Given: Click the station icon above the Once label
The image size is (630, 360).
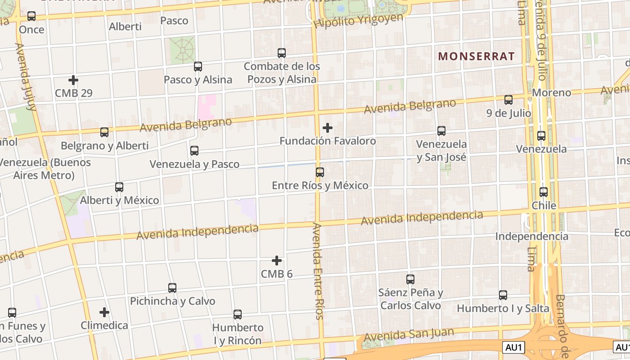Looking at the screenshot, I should pyautogui.click(x=31, y=16).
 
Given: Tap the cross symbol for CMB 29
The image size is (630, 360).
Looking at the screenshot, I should pyautogui.click(x=73, y=81).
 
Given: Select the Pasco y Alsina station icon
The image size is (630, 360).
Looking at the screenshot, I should pyautogui.click(x=198, y=67).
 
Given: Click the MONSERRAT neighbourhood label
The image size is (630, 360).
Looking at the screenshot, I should pyautogui.click(x=476, y=56).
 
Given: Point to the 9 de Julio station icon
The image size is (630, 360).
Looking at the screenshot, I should pyautogui.click(x=508, y=100).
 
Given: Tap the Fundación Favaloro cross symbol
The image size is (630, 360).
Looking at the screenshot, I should pyautogui.click(x=328, y=128).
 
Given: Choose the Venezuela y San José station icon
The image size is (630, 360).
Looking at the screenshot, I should pyautogui.click(x=441, y=131).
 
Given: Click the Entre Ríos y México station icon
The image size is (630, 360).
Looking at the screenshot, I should pyautogui.click(x=320, y=172).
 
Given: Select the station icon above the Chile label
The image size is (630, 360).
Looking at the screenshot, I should pyautogui.click(x=544, y=192).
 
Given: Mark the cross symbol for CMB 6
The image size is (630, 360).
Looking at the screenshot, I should pyautogui.click(x=277, y=261).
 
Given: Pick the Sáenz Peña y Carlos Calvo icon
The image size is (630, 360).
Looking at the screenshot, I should pyautogui.click(x=410, y=279).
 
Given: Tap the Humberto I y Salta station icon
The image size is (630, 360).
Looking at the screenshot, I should pyautogui.click(x=503, y=295).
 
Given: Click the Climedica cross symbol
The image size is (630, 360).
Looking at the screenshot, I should pyautogui.click(x=104, y=312).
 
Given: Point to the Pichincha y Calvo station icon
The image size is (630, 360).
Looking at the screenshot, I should pyautogui.click(x=172, y=288).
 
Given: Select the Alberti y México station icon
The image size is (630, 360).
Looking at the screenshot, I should pyautogui.click(x=119, y=187).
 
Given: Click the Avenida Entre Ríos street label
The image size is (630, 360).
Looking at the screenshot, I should pyautogui.click(x=318, y=271).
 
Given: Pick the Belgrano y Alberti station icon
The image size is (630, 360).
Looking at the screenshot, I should pyautogui.click(x=104, y=132).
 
